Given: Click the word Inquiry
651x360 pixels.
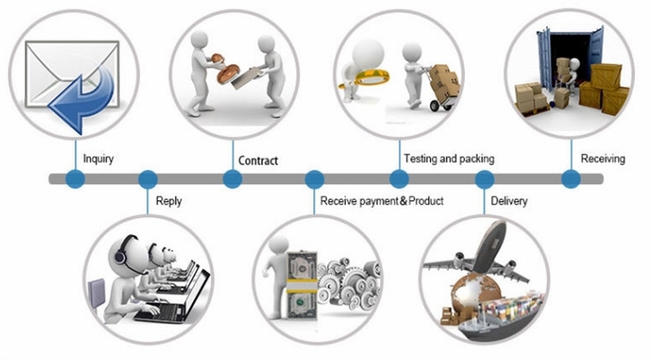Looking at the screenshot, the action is (x=99, y=159).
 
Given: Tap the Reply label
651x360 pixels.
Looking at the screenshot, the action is (x=169, y=201).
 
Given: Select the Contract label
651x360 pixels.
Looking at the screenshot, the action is (x=258, y=161).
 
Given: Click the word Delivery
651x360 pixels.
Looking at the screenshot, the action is (x=509, y=201).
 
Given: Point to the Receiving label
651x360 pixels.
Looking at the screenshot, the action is (x=603, y=159).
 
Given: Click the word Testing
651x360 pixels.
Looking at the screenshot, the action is (x=420, y=159).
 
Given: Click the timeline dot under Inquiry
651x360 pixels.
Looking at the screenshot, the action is (x=75, y=179).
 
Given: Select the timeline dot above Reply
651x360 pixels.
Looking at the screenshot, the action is (x=147, y=180).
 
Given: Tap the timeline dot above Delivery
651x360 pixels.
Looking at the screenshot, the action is (x=484, y=180).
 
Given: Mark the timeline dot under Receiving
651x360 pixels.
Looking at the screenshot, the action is (x=571, y=179).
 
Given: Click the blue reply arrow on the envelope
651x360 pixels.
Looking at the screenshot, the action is (x=81, y=100).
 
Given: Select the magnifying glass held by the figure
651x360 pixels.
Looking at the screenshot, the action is (x=365, y=77).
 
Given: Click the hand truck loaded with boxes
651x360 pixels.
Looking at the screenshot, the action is (x=443, y=88).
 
